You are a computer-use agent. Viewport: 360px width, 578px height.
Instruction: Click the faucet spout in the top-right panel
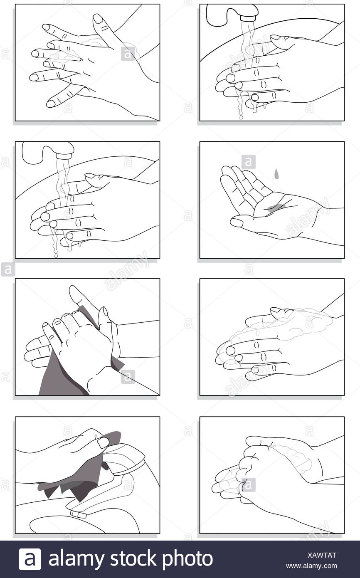click(248, 16)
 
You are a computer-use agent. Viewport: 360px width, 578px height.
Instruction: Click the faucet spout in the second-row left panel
click(64, 154)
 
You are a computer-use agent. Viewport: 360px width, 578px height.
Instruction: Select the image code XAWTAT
click(323, 555)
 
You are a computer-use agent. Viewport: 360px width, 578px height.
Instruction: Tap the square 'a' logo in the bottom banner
click(30, 559)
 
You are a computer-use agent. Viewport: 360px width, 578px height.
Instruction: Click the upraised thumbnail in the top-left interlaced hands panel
click(98, 19)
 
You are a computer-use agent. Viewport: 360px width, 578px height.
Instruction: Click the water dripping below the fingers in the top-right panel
click(241, 108)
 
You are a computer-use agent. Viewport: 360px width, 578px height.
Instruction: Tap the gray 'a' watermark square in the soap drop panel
click(248, 161)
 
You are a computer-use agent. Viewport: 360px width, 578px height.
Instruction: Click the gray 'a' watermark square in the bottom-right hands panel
click(248, 484)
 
